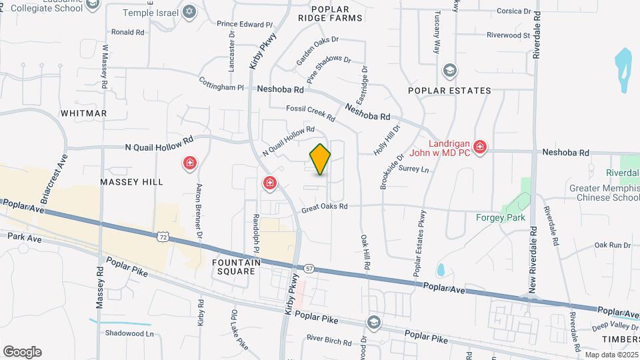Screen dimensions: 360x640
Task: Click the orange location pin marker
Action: point(320,159)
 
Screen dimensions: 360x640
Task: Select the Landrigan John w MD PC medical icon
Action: point(479,147)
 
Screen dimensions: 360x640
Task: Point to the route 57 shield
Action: point(309,268)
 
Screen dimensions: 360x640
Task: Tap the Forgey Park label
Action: point(500,217)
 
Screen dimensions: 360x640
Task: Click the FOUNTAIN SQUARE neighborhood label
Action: point(234,267)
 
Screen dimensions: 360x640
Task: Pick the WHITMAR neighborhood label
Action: point(83,113)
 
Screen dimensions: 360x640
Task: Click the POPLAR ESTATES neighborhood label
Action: point(450,90)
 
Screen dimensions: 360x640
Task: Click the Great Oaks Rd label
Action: point(325,207)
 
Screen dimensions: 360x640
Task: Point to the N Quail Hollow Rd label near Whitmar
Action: point(159,143)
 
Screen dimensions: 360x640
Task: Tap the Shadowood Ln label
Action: point(129,333)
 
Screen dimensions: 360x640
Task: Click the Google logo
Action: point(22,351)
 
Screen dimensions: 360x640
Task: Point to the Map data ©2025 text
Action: point(610,354)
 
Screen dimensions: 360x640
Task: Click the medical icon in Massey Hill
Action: point(190,163)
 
